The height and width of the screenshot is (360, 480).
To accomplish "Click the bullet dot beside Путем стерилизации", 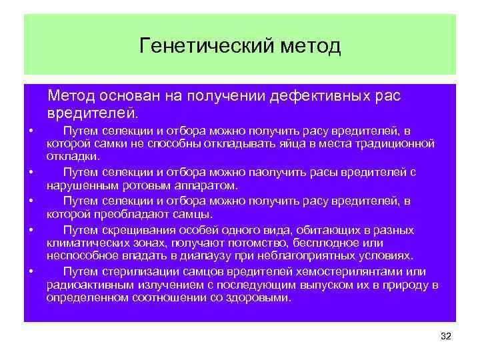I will (31, 271).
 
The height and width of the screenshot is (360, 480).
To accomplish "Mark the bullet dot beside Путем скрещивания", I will (31, 230).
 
